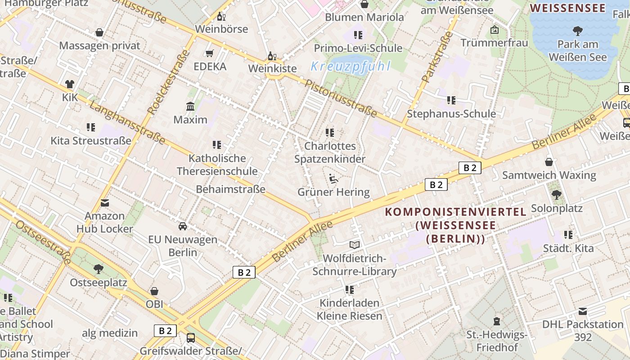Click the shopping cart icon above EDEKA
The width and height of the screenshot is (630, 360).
coord(209,54)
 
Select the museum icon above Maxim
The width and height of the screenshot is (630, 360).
coord(190,107)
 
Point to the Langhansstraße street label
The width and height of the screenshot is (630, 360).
coord(127,122)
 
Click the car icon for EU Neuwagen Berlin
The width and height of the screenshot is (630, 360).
coord(183,226)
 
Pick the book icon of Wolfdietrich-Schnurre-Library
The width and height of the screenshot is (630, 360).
coord(355,245)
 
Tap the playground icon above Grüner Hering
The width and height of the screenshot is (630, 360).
coord(333,179)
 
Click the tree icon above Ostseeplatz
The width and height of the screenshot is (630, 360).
coord(98,269)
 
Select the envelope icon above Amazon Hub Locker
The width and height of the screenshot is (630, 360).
coord(105,203)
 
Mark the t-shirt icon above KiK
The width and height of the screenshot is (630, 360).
coord(70,84)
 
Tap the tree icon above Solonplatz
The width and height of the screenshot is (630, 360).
coord(557,194)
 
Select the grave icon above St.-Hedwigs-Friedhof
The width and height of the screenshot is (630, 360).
coord(496,321)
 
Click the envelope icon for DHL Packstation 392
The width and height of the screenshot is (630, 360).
coord(583,311)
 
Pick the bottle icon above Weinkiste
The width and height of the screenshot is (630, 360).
coord(272,56)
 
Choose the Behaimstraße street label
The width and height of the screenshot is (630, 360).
coord(230,189)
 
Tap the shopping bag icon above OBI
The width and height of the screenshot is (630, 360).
coord(154,291)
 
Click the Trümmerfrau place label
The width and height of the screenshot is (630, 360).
coord(494,43)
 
